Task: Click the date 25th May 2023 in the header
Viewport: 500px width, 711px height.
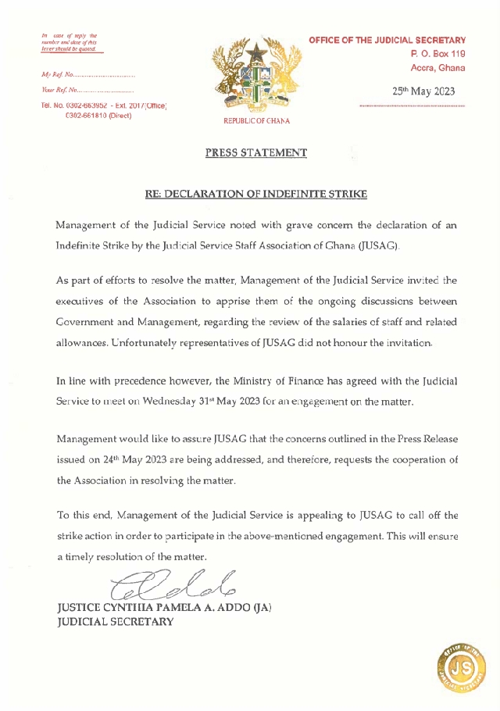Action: (423, 91)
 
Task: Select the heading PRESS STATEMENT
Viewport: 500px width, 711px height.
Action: (256, 153)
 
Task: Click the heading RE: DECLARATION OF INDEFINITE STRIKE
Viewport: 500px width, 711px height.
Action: (256, 193)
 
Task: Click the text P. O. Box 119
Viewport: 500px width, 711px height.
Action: (437, 54)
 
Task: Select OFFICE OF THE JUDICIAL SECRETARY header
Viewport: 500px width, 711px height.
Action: (387, 40)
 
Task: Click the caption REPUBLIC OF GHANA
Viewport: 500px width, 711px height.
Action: (256, 121)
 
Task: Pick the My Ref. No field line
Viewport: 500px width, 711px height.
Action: (87, 76)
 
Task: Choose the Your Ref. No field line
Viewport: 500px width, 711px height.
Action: (87, 91)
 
